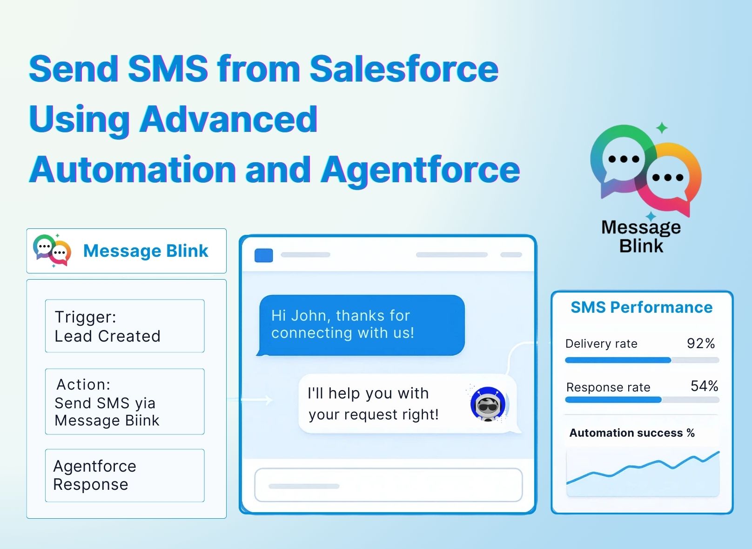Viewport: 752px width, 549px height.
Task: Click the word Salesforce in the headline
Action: point(404,69)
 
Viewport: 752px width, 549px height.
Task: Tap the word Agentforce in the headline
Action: point(421,170)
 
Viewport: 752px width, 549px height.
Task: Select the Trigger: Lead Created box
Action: point(125,326)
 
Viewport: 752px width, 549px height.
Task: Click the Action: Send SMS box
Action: point(125,401)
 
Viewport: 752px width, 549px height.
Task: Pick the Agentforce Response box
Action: point(125,475)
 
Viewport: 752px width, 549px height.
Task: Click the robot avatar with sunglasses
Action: point(488,404)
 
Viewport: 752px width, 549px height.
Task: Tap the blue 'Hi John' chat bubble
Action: point(361,325)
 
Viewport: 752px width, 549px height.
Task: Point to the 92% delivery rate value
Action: point(701,343)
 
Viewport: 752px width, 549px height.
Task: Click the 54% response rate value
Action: point(705,386)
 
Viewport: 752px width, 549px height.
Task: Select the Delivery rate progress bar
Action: point(642,360)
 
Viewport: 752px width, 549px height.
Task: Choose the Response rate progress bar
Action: point(642,400)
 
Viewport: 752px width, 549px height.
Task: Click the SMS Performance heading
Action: point(642,307)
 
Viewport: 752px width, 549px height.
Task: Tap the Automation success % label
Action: point(632,432)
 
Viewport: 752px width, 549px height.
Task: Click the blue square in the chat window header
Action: point(264,255)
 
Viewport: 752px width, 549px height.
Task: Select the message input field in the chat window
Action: point(389,485)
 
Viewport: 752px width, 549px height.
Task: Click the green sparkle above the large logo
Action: point(662,128)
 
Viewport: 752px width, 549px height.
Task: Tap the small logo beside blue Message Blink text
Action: point(52,250)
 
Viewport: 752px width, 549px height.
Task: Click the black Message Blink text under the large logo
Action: point(641,236)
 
